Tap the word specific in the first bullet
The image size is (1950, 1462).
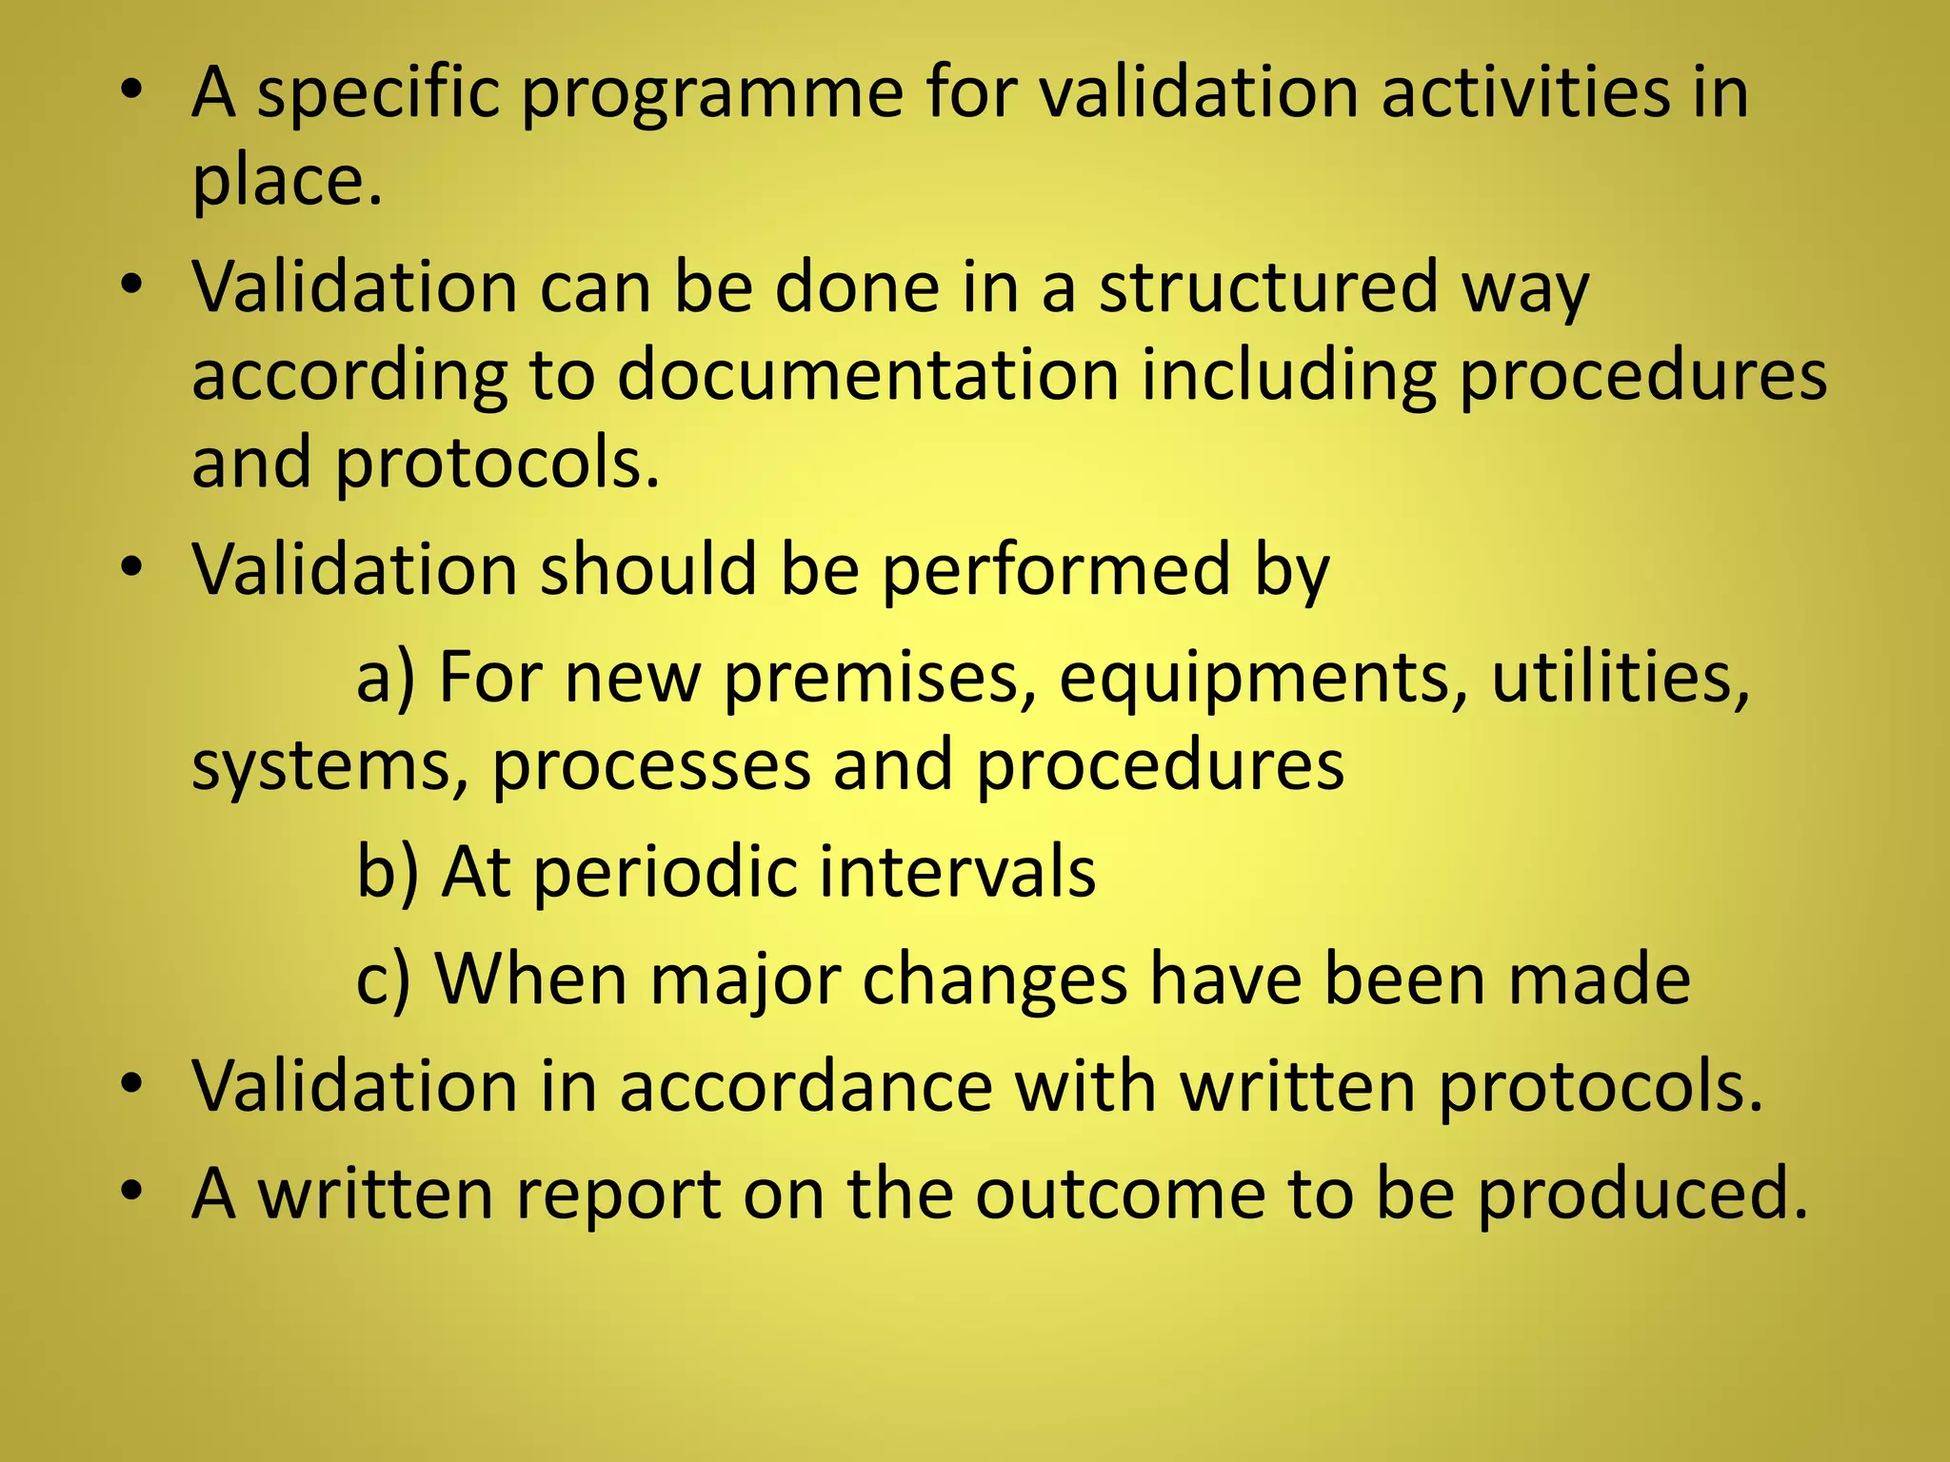378,95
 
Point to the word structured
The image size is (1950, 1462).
1268,287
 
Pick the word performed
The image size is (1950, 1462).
1056,571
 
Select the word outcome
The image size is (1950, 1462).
1119,1194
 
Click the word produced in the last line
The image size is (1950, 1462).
1642,1194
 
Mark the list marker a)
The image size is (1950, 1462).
385,678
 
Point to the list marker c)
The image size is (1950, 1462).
383,980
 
